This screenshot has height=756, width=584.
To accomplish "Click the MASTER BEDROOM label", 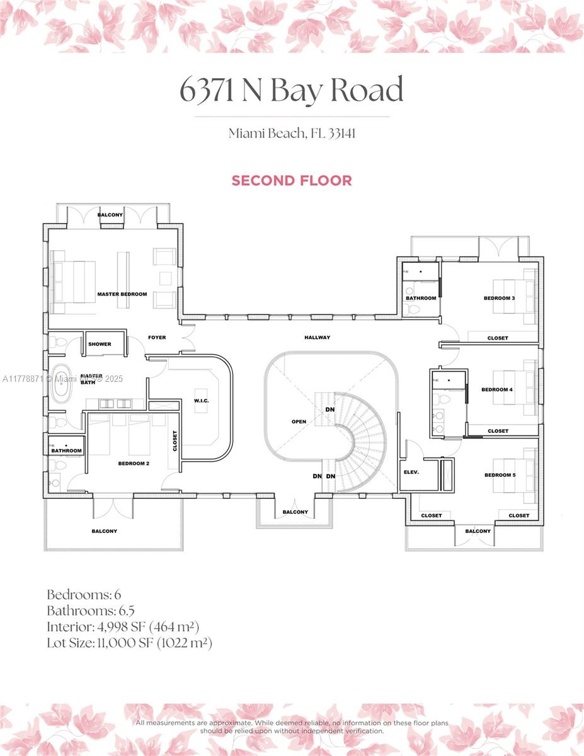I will click(122, 294).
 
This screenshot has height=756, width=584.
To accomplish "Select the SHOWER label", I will click(100, 344).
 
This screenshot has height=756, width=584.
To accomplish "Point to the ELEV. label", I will click(411, 472).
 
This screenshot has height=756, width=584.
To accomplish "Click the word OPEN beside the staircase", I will click(299, 421).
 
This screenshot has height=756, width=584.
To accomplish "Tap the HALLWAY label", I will click(317, 338).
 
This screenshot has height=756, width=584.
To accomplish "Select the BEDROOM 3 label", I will click(499, 298).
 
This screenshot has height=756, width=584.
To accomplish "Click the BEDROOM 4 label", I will click(496, 389).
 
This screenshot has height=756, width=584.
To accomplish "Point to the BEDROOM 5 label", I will click(500, 475).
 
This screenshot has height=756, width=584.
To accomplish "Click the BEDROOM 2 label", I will click(134, 464).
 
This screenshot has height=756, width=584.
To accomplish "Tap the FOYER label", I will click(157, 338).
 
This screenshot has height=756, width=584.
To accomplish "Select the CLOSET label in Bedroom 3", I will click(497, 338).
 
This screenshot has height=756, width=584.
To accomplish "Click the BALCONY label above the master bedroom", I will click(110, 215).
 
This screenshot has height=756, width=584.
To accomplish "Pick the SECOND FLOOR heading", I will click(291, 180).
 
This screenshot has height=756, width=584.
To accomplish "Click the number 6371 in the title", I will click(207, 91).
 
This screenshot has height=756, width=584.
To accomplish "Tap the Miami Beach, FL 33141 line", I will click(291, 133).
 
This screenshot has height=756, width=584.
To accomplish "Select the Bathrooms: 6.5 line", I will click(91, 610).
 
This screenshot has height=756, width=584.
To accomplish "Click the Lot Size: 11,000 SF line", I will click(129, 643).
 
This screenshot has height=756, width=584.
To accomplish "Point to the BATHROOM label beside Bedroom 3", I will click(421, 298).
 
